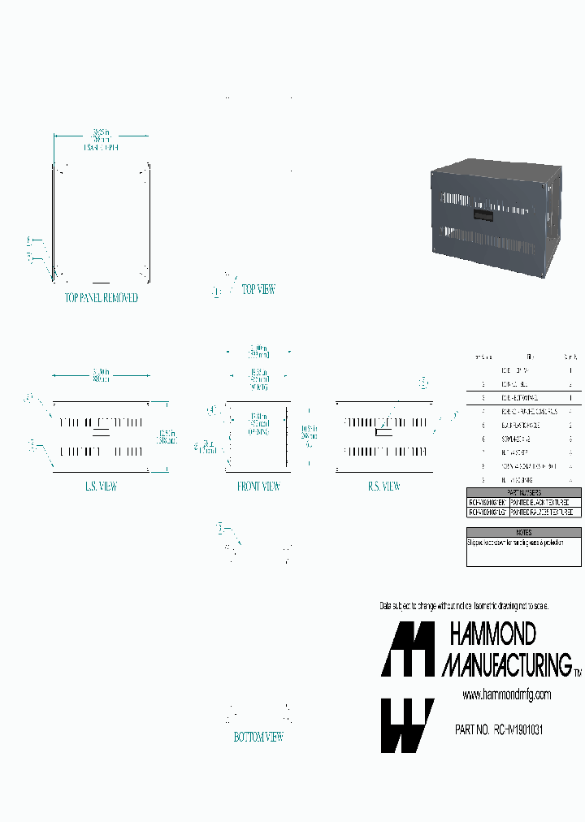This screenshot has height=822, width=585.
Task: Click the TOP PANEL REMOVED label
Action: [102, 298]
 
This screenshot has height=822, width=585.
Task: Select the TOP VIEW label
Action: [258, 289]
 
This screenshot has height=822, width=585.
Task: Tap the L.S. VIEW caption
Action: [101, 487]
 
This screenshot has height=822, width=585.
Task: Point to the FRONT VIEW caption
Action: [258, 487]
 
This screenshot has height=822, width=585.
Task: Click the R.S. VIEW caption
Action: [384, 487]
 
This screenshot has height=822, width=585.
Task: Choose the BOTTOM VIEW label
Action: [258, 738]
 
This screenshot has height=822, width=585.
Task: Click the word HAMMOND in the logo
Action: [493, 634]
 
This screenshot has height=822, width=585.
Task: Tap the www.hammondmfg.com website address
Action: [506, 694]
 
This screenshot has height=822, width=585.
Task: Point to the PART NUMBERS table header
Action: [524, 493]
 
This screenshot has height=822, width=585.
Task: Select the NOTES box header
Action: [524, 532]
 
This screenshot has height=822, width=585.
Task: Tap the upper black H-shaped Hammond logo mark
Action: [408, 650]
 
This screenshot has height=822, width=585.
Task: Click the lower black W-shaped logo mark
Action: [407, 725]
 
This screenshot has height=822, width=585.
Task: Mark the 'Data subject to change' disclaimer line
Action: [464, 607]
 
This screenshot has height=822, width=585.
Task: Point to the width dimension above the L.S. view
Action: [101, 374]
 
